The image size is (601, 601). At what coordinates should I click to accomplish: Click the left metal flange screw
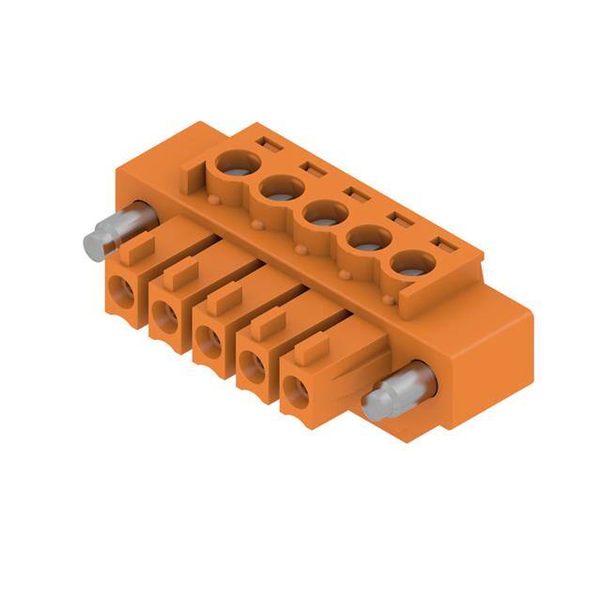108,235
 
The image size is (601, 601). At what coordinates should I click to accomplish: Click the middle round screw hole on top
322,215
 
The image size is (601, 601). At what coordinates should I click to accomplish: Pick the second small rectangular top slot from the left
311,169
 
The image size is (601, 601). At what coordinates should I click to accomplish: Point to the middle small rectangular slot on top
354,194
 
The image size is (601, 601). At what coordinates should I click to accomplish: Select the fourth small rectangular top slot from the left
397,221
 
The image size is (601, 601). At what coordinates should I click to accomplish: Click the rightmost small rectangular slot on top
440,246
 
